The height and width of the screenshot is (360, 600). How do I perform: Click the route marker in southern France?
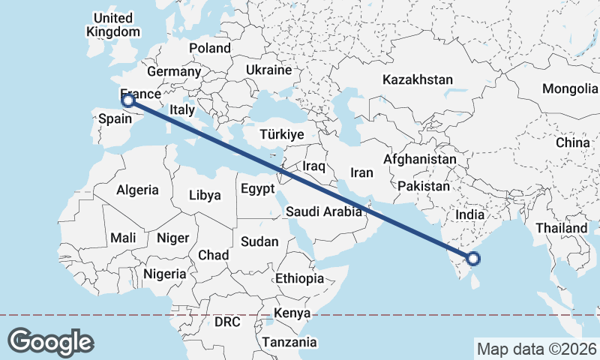(x=128, y=100)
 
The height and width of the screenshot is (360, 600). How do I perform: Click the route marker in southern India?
(x=473, y=259)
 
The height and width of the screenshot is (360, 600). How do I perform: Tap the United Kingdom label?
(x=113, y=25)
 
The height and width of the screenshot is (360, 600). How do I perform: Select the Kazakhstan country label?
(x=417, y=79)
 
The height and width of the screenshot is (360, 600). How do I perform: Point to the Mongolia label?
(x=570, y=88)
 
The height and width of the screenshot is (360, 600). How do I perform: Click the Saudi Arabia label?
(x=324, y=212)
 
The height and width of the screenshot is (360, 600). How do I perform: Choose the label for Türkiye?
(x=280, y=134)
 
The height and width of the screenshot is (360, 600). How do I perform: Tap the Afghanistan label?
(x=420, y=160)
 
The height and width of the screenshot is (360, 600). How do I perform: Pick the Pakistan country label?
(x=424, y=186)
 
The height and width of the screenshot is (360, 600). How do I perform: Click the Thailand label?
(x=562, y=228)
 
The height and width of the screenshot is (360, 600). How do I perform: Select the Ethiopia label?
(x=299, y=278)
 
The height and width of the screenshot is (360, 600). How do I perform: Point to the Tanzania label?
(x=289, y=342)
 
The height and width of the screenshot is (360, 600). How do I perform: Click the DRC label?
(x=227, y=322)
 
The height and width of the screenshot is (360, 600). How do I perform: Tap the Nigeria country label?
(x=165, y=274)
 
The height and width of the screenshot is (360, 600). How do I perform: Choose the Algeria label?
(x=137, y=190)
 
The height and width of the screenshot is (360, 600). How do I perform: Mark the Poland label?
(x=210, y=48)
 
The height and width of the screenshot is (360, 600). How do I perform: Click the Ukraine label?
(x=268, y=70)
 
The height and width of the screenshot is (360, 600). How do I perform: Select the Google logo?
(x=51, y=341)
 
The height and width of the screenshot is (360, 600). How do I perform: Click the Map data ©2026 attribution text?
(x=536, y=349)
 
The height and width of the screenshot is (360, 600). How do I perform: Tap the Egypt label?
(x=258, y=189)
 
